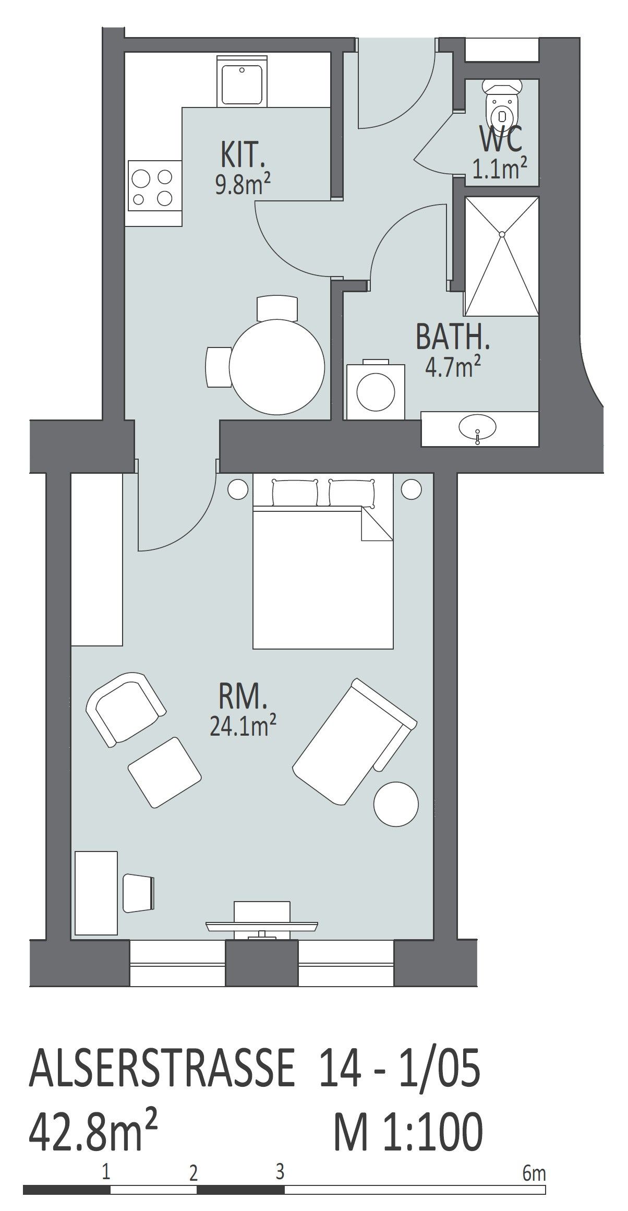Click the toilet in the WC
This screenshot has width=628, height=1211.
501,103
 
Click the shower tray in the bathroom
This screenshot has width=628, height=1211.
501,256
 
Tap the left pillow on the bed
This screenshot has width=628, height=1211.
295,493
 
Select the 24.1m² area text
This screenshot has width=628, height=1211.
243,725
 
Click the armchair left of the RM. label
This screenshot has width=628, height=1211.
125,709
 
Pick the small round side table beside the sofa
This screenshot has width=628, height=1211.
396,804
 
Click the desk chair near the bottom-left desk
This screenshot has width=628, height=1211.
138,894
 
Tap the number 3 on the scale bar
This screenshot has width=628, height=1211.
280,1154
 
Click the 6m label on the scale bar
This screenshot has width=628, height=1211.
534,1156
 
